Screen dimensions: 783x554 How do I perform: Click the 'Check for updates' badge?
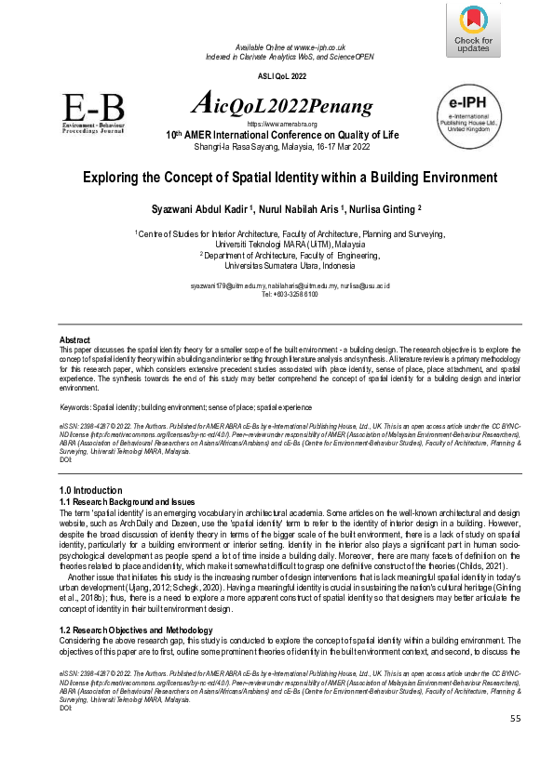pos(475,30)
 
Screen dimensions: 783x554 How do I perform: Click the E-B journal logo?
pos(94,115)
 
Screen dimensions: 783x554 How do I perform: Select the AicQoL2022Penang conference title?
pos(281,105)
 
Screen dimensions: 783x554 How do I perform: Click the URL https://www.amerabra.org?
pos(281,124)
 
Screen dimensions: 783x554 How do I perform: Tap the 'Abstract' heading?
pos(75,339)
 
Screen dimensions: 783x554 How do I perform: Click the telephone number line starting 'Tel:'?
pos(290,295)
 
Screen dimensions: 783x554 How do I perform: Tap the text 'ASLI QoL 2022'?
pos(281,75)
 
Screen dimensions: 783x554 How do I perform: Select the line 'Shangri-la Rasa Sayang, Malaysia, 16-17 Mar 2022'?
pos(281,147)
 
